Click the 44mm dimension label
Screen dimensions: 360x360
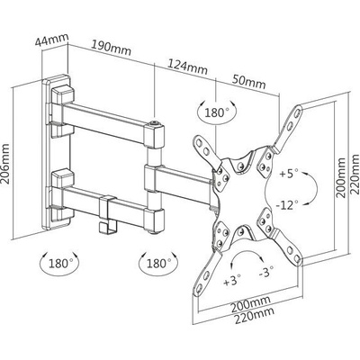51,39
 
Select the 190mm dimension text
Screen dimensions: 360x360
111,49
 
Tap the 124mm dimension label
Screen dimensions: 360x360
187,67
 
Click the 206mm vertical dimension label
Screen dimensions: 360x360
6,163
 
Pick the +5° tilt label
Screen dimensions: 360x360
288,174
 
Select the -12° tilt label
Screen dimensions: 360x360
287,205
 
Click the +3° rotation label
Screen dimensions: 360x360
232,281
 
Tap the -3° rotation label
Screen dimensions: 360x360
265,273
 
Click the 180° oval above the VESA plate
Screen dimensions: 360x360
217,112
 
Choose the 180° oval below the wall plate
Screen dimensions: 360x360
59,264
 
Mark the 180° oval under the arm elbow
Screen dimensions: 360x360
158,263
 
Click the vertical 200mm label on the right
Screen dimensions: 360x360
341,177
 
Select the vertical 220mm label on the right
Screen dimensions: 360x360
355,174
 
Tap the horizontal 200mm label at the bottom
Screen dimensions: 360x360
250,303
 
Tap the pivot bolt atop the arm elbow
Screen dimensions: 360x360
155,122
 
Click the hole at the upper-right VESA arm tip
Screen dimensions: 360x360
297,112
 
